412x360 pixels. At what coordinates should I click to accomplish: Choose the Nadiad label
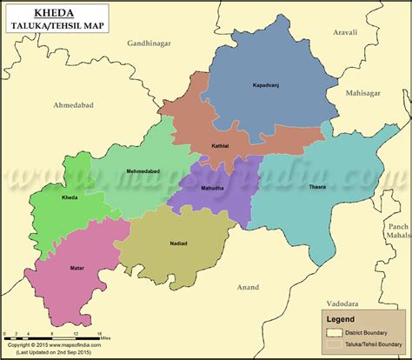pyautogui.click(x=177, y=243)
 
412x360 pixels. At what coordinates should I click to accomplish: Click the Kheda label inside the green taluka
pyautogui.click(x=70, y=198)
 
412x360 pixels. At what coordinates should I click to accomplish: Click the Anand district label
pyautogui.click(x=248, y=285)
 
